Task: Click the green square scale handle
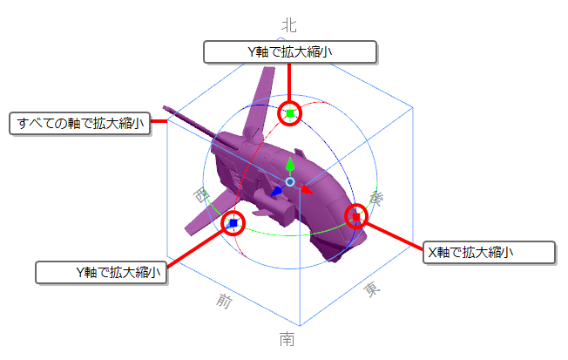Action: [290, 113]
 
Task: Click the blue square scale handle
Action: [233, 223]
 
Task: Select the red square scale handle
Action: [356, 217]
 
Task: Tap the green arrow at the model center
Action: [290, 166]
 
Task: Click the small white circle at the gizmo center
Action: [290, 182]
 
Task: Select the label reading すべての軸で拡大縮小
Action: [79, 124]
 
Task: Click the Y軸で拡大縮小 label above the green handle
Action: [290, 52]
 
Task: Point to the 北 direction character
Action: [288, 25]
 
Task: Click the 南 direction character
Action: [287, 339]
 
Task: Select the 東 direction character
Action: [372, 289]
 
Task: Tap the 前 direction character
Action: [224, 301]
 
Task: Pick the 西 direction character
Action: [201, 195]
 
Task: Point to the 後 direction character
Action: [376, 199]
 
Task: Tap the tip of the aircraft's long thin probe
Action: [165, 107]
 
